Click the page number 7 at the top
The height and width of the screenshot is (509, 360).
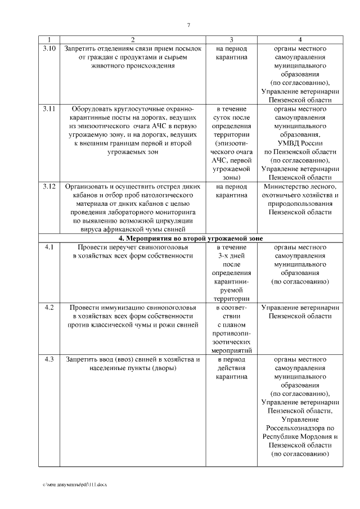coord(189,25)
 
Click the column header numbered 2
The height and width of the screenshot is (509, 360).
coord(133,40)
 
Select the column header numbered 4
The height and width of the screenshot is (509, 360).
coord(300,40)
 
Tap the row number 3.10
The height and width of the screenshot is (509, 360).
coord(49,49)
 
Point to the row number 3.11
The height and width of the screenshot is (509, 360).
coord(49,109)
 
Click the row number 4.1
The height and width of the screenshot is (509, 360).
coord(49,247)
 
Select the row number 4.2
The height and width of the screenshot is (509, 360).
coord(49,308)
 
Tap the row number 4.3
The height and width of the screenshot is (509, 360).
coord(49,359)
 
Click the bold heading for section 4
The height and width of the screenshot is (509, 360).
coord(190,238)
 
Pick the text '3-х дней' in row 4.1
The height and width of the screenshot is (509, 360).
coord(232,256)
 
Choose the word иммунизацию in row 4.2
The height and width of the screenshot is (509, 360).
coord(124,308)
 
